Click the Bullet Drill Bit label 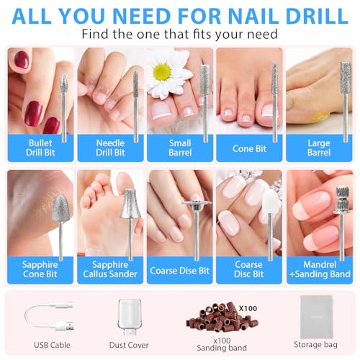click(40, 147)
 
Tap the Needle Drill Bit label click(110, 147)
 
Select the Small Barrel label click(179, 147)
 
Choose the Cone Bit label click(248, 147)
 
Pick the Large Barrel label click(318, 147)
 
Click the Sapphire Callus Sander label click(110, 270)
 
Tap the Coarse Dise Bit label click(179, 271)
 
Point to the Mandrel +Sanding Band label click(318, 270)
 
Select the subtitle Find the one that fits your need click(180, 34)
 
